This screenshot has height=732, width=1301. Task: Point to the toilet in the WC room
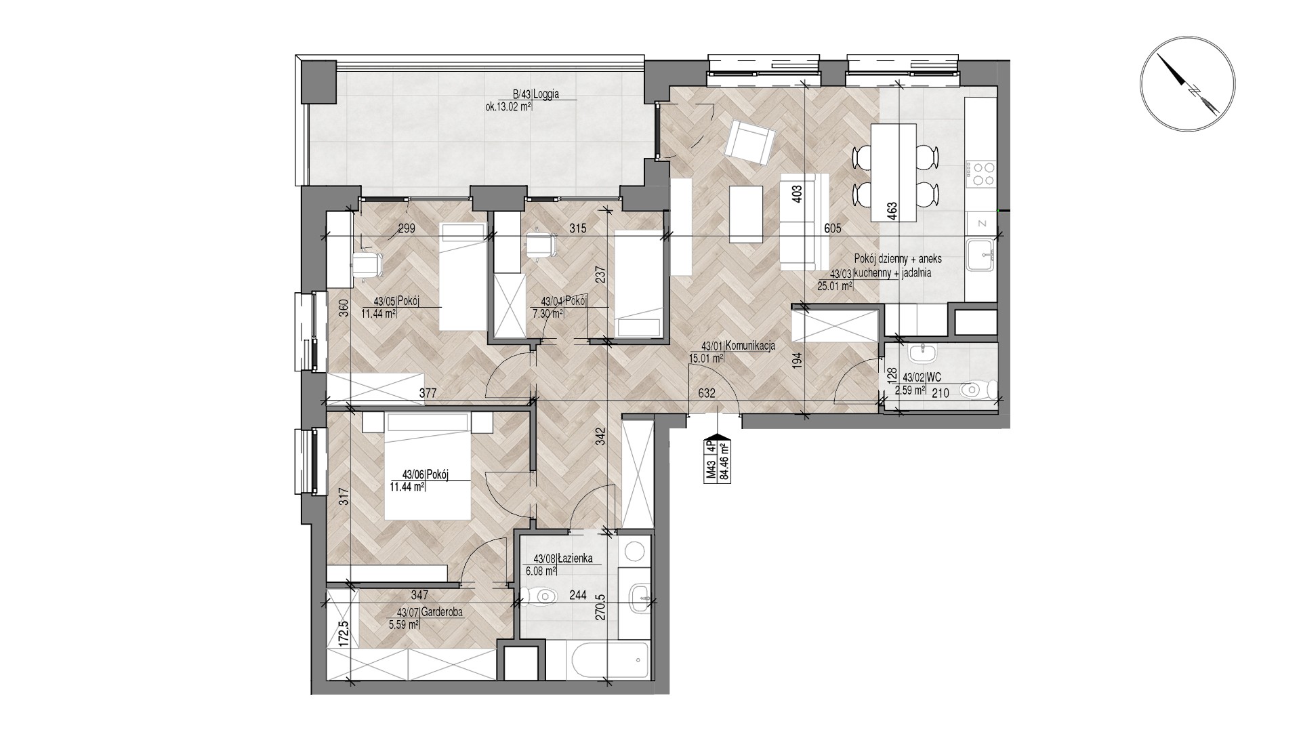(x=980, y=390)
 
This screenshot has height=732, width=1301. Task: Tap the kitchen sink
(x=980, y=255)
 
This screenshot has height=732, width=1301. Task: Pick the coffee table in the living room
(x=746, y=213)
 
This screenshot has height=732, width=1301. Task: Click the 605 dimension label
(x=833, y=229)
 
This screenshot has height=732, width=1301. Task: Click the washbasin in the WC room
(x=920, y=353)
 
